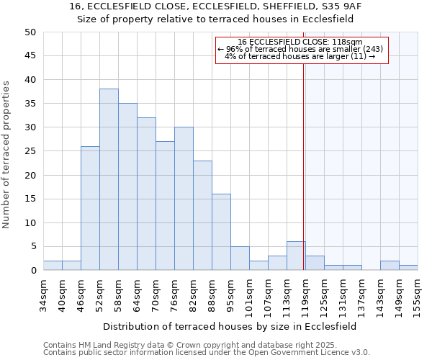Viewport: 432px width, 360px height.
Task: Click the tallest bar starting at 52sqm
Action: coord(109,179)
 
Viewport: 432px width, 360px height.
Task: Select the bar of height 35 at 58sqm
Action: coord(127,186)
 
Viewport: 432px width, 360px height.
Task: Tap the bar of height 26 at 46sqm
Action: coord(90,208)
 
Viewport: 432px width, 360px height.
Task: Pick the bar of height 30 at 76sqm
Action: coord(184,199)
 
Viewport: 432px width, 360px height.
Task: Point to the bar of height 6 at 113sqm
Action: coord(296,256)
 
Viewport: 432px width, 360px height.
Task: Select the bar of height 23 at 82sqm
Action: coord(202,215)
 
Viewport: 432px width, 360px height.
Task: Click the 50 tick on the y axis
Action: coord(30,32)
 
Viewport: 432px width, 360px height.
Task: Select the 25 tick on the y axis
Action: coord(30,151)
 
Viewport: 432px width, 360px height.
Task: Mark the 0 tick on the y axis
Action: coord(32,271)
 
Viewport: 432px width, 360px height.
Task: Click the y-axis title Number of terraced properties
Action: coord(6,154)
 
